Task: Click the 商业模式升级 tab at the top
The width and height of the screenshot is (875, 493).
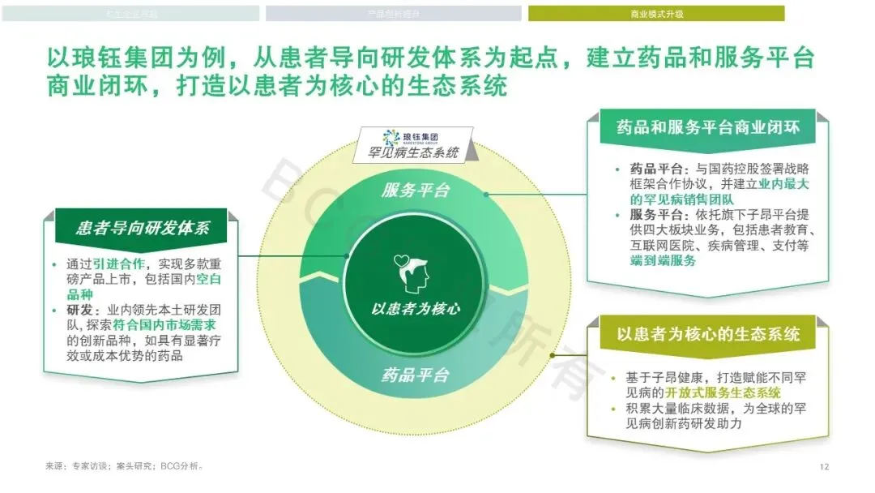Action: point(656,14)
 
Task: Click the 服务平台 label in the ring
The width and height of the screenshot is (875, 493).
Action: point(415,191)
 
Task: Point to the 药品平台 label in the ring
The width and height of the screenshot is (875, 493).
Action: point(415,375)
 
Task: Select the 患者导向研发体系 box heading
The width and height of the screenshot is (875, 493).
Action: point(143,228)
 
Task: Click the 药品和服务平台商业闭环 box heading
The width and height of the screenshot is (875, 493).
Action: point(707,128)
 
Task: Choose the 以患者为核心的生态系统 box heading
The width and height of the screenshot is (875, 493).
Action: point(708,334)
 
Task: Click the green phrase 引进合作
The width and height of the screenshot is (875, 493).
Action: point(119,264)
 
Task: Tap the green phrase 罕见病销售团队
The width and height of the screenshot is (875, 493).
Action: point(680,199)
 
